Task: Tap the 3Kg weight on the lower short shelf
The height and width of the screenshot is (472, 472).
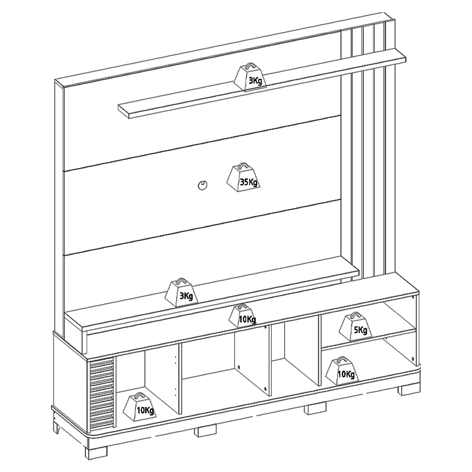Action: (x=182, y=292)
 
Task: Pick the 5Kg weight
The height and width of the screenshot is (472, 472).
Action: (x=355, y=327)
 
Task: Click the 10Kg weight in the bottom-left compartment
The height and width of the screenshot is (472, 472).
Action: (x=140, y=407)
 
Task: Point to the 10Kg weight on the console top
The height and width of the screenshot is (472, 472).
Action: (x=243, y=316)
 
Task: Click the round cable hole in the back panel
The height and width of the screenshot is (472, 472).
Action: (x=202, y=185)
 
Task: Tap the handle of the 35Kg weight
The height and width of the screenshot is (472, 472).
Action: (x=243, y=166)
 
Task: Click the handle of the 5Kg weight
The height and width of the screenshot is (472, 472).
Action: (x=354, y=315)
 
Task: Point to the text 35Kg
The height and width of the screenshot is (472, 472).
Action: (x=249, y=182)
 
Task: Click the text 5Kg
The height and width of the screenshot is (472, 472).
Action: (x=361, y=330)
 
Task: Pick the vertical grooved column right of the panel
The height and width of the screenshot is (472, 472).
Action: (x=368, y=151)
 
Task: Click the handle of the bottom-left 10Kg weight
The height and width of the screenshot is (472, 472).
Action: (x=139, y=395)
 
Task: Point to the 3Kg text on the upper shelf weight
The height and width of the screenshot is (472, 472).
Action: (x=255, y=81)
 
